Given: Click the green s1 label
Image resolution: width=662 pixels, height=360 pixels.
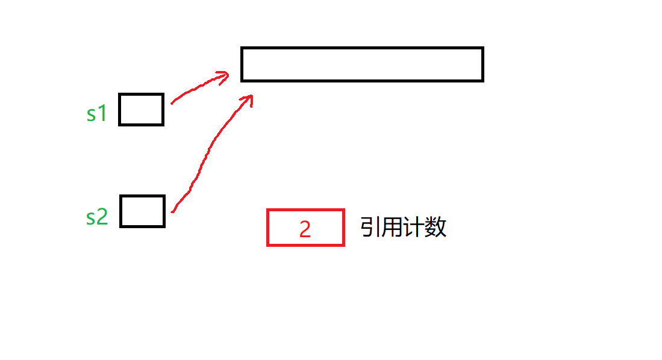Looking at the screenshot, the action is pos(96,113).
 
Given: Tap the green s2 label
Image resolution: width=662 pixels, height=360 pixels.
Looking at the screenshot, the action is pos(96,216).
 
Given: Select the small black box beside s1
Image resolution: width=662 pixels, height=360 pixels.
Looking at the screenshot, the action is pos(141,110).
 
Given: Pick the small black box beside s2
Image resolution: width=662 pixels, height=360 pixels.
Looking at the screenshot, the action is pos(142,211).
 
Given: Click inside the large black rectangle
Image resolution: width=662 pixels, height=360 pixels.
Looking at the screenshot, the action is pos(362,64).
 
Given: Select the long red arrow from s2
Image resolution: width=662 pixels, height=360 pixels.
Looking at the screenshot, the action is pos(205,157).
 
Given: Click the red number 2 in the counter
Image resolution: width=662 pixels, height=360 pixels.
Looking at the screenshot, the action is pos(305,229).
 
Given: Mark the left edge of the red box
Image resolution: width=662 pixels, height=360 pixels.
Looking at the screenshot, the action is pos(268,228).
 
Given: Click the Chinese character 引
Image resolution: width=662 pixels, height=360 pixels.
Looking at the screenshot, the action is pos(369,228).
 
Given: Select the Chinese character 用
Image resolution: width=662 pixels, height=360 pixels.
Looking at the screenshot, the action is pos(392,228).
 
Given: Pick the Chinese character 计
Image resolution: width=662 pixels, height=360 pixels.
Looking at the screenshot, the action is pos(414,228).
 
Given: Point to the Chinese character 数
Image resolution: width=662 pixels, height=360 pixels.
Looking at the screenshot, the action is pos(436,228).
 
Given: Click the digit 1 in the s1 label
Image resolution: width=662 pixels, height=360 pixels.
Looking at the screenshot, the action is pos(102,113).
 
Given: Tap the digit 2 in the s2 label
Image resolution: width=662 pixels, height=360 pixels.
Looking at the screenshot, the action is pos(102,217).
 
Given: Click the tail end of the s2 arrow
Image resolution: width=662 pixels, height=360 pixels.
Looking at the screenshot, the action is pos(173,211).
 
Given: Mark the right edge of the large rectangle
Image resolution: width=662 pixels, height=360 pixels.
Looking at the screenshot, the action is pos(482,64).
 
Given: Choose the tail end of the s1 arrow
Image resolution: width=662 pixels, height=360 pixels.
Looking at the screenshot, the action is pos(172,102).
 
